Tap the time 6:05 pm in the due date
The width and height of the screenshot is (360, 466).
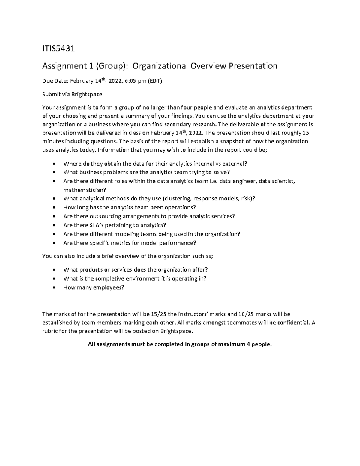point(132,81)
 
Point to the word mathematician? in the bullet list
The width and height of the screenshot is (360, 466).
point(85,190)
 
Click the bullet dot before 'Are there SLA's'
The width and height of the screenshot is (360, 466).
point(54,225)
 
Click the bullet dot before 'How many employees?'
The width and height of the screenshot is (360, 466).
point(54,287)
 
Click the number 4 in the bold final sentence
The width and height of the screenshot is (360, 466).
point(248,344)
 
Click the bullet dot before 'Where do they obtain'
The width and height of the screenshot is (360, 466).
point(54,164)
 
